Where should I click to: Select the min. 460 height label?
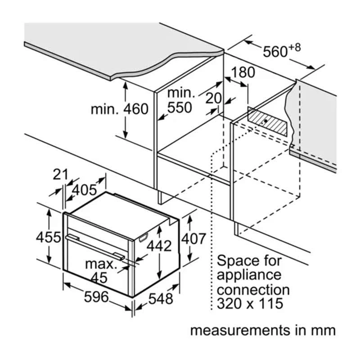(x=119, y=109)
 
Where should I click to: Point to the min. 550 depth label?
(x=180, y=100)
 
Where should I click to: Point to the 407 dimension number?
(x=193, y=239)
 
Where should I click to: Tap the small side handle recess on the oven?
(x=144, y=237)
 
